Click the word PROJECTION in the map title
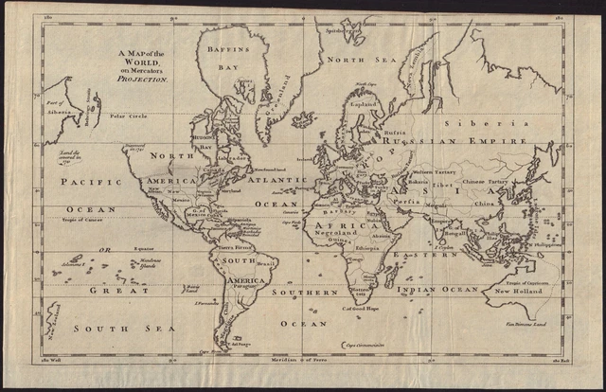(x=143, y=80)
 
